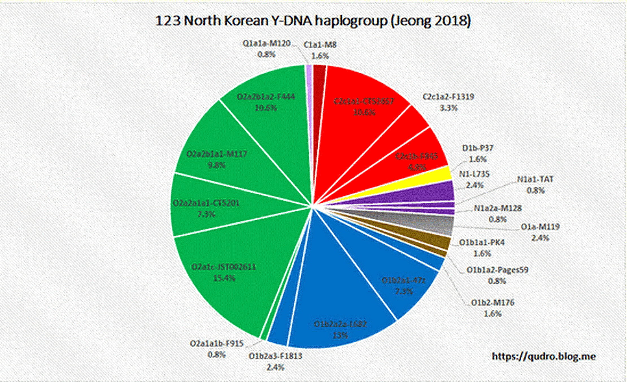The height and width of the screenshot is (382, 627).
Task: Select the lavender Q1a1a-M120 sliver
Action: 309,73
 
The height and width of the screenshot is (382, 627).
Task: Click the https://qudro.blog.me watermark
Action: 544,356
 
